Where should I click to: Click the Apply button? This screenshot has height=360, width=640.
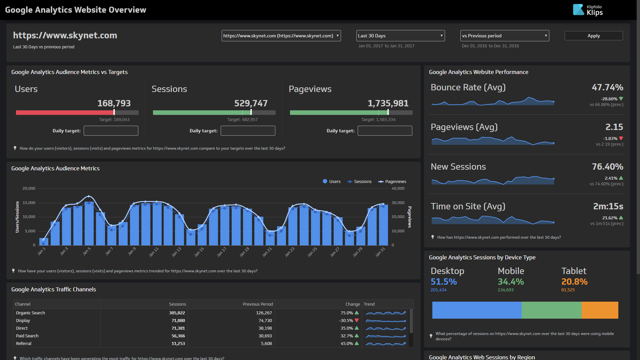click(x=593, y=36)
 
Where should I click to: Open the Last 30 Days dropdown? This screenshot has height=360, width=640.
click(x=400, y=36)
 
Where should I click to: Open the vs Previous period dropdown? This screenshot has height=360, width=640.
click(x=504, y=36)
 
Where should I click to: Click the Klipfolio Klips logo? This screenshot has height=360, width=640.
click(x=588, y=10)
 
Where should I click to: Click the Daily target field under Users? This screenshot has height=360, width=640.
click(x=111, y=131)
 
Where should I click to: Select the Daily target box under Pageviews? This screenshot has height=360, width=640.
click(x=385, y=131)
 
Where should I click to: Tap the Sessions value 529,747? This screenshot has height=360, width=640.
click(x=251, y=103)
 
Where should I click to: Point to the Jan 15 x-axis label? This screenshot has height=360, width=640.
click(x=199, y=252)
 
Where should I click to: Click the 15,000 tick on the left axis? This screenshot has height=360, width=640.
click(x=29, y=203)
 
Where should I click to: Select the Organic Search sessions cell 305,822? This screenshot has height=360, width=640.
click(x=177, y=313)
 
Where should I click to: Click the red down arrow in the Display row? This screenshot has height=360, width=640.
click(x=357, y=320)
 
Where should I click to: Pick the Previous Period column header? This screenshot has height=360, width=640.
click(x=258, y=304)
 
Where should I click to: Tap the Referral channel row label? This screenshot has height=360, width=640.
click(x=24, y=344)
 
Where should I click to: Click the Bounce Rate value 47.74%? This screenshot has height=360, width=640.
click(x=607, y=87)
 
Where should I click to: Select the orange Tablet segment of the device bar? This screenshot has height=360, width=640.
click(x=600, y=310)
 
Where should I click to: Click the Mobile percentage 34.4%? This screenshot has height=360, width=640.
click(x=510, y=282)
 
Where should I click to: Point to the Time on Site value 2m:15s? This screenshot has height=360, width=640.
click(x=608, y=206)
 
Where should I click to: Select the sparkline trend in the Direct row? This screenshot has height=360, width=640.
click(x=385, y=328)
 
